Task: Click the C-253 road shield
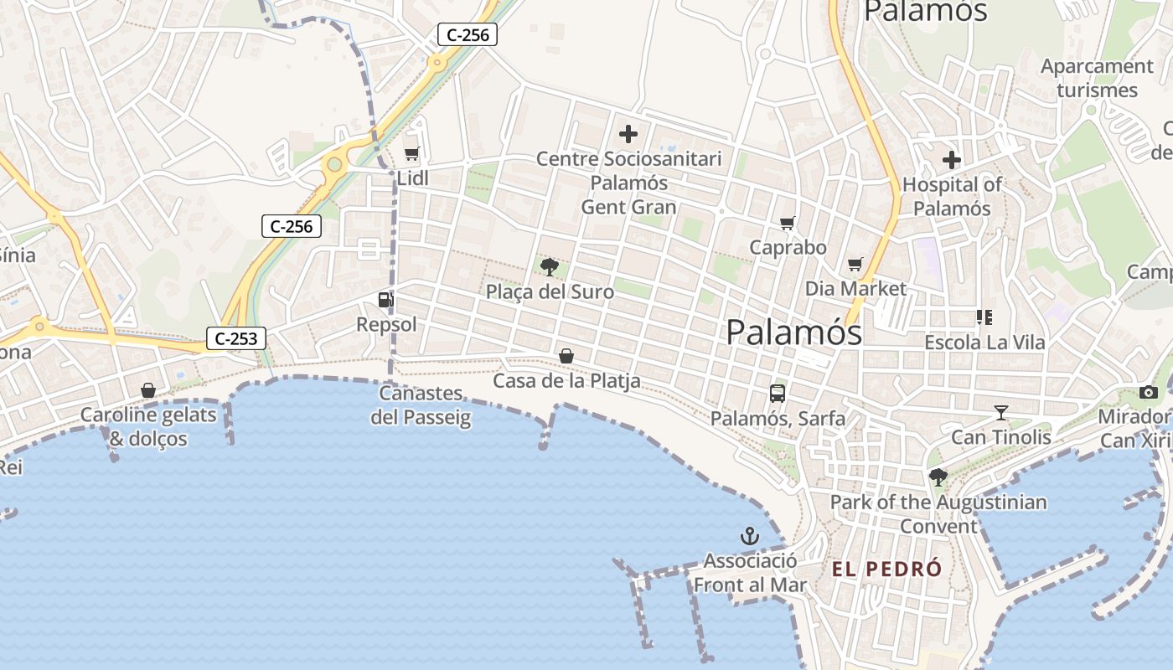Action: click(236, 338)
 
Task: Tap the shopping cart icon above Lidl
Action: click(411, 153)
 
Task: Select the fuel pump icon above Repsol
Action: click(385, 300)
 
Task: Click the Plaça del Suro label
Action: click(550, 292)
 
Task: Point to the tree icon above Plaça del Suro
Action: click(550, 267)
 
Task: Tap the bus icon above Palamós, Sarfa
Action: click(778, 393)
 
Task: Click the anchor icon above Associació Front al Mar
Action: click(749, 536)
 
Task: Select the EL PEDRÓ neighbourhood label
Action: click(886, 569)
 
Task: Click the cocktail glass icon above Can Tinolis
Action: click(1000, 412)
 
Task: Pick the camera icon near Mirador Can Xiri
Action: click(1149, 392)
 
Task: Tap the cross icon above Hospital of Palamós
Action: click(952, 159)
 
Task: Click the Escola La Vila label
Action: click(984, 343)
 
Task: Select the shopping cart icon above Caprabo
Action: click(787, 223)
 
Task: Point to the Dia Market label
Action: click(855, 289)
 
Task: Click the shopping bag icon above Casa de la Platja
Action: click(566, 356)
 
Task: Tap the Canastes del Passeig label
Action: click(421, 405)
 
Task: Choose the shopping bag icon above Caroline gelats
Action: click(148, 390)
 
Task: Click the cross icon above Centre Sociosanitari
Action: click(628, 133)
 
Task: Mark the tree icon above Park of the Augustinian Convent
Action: click(938, 477)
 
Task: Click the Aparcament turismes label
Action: click(1097, 78)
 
